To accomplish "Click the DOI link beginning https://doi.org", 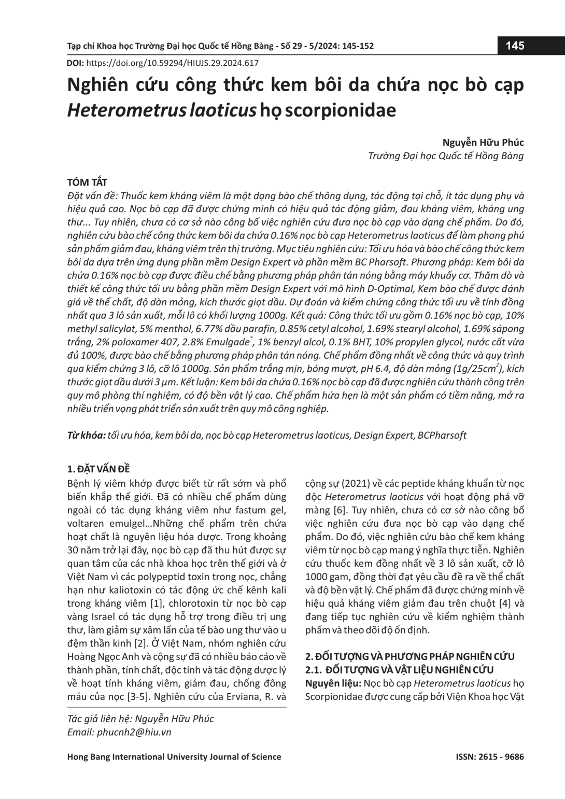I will pos(172,63).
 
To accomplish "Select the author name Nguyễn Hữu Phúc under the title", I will pos(483,142).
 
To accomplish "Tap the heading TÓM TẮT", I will pos(87,183).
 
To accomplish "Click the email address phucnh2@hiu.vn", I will pos(134,732).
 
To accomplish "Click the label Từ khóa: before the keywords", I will pos(87,435).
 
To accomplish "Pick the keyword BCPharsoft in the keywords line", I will pos(441,435).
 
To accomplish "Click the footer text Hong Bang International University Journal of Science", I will pos(174,756).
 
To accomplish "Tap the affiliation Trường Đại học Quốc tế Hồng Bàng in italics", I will pos(445,156).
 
